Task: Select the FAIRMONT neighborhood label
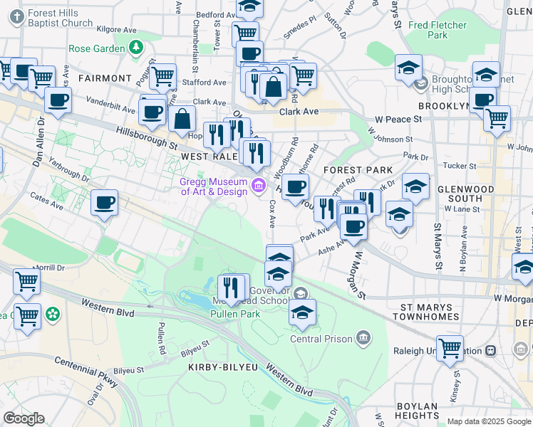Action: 105,78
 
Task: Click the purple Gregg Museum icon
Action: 258,186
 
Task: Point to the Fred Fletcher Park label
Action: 438,30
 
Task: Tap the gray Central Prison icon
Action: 364,336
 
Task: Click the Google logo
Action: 24,418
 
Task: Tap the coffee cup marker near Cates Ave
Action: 104,204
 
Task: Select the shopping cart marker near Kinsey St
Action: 450,348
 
